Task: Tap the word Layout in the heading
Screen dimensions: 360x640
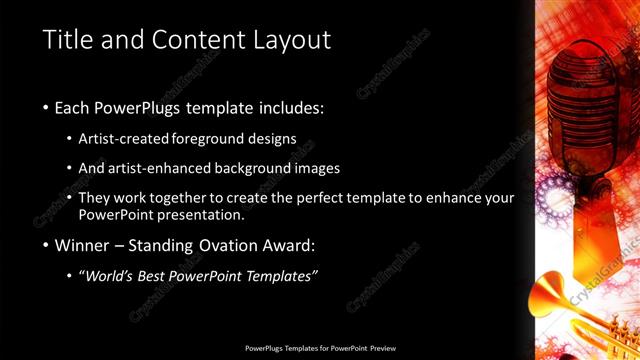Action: click(x=290, y=40)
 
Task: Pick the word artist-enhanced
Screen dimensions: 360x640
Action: click(x=167, y=168)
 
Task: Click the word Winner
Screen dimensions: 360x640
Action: click(x=82, y=245)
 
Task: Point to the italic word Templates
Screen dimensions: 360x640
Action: click(x=280, y=276)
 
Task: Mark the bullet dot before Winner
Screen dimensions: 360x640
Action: click(x=46, y=246)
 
